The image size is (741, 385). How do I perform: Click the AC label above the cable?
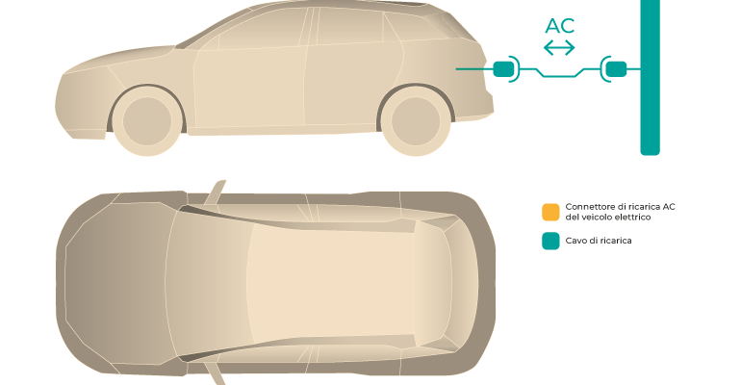point(559,26)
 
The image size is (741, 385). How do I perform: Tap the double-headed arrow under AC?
point(559,48)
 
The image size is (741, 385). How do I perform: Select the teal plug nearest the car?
point(502,69)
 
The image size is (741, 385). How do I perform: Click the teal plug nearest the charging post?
point(616,69)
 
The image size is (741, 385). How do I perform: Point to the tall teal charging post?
point(650,76)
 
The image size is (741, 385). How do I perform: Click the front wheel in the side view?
point(147,121)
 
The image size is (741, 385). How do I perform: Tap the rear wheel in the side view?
point(416,121)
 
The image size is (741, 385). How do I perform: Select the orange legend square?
point(550,212)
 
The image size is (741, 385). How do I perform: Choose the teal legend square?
point(550,241)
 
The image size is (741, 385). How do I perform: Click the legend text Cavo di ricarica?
point(599,241)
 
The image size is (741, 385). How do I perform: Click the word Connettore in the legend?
point(588,207)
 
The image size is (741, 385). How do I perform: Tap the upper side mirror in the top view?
point(215,192)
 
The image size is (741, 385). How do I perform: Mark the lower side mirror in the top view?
point(215,373)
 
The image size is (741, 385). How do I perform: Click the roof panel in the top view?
point(331,283)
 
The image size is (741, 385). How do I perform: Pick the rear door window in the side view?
point(349,26)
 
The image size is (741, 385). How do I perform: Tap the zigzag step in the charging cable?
point(560,72)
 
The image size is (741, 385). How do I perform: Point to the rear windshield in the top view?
point(432,283)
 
